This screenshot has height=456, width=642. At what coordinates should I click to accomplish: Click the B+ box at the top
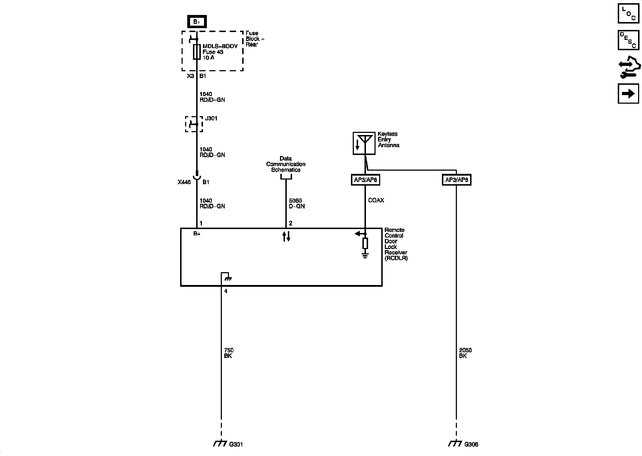click(x=197, y=22)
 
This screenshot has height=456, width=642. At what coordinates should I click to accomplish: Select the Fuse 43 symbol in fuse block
click(x=197, y=52)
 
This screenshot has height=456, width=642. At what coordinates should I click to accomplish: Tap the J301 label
click(x=211, y=118)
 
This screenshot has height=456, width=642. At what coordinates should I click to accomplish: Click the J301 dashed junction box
click(x=194, y=124)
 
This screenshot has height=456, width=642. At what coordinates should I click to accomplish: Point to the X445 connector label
click(x=184, y=182)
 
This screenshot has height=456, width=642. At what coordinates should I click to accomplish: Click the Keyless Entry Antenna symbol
click(x=364, y=143)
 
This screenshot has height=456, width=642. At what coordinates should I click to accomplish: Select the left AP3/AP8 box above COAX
click(x=365, y=180)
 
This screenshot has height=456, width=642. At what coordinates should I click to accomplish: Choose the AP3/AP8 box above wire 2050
click(x=457, y=180)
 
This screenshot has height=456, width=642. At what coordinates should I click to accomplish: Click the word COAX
click(x=376, y=201)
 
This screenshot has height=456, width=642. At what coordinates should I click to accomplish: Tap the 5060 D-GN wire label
click(x=297, y=203)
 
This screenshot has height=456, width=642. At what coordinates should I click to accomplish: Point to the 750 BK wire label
click(x=229, y=353)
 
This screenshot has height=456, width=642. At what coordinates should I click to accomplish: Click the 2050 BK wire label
click(x=465, y=353)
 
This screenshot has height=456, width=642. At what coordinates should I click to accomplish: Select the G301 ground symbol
click(x=220, y=444)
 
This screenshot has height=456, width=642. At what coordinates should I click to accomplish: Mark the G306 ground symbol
click(x=455, y=444)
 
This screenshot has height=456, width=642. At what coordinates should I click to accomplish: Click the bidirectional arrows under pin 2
click(x=286, y=236)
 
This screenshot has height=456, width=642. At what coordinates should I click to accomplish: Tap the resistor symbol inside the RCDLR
click(x=365, y=243)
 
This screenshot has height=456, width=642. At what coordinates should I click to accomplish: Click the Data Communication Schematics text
click(x=286, y=164)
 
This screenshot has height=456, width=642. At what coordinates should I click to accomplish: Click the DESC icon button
click(x=628, y=40)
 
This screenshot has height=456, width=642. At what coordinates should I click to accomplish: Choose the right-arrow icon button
click(x=628, y=94)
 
